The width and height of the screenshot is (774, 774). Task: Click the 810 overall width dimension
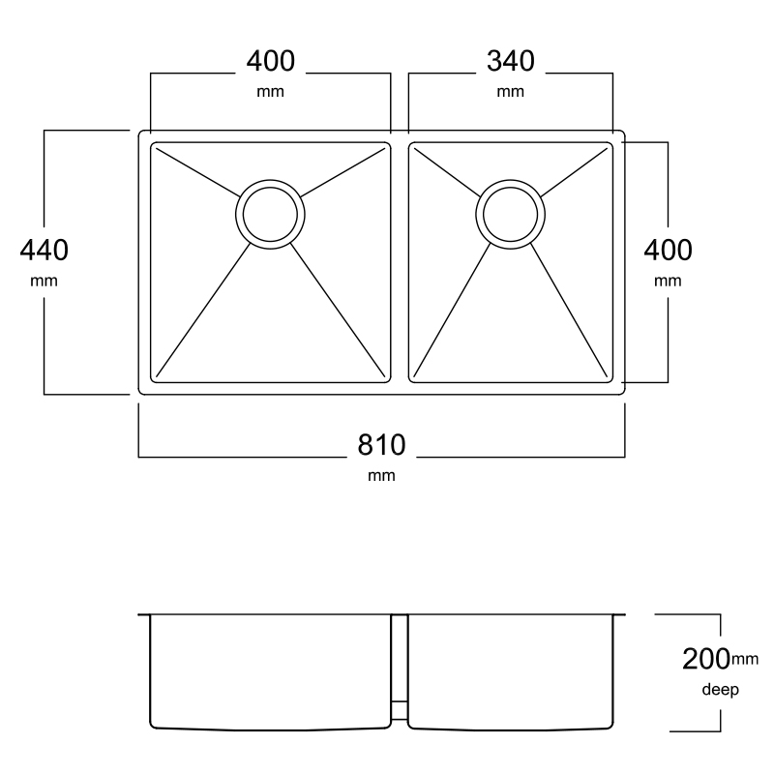[x=381, y=445]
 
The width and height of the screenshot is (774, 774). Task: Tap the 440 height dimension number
[x=44, y=250]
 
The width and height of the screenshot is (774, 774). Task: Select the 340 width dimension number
[x=511, y=61]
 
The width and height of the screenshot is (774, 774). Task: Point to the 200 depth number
[x=706, y=659]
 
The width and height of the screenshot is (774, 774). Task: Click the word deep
[x=720, y=689]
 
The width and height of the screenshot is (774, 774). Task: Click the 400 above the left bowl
[x=271, y=61]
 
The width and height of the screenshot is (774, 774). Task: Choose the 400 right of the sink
[x=668, y=250]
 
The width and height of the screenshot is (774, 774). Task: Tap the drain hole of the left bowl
[x=270, y=214]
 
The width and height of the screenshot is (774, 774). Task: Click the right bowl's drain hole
[x=511, y=214]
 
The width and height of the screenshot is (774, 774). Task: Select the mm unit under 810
[x=381, y=475]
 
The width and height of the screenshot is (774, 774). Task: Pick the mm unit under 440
[x=44, y=281]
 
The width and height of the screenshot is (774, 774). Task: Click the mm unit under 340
[x=511, y=92]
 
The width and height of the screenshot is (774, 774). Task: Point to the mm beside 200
[x=744, y=659]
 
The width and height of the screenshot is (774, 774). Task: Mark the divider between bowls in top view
[x=400, y=262]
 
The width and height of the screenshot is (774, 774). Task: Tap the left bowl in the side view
[x=270, y=671]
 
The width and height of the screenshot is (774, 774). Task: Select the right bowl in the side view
[x=511, y=671]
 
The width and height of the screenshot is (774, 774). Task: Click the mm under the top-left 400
[x=271, y=92]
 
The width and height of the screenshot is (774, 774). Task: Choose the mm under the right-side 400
[x=668, y=281]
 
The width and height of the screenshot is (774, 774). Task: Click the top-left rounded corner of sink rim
[x=140, y=133]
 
